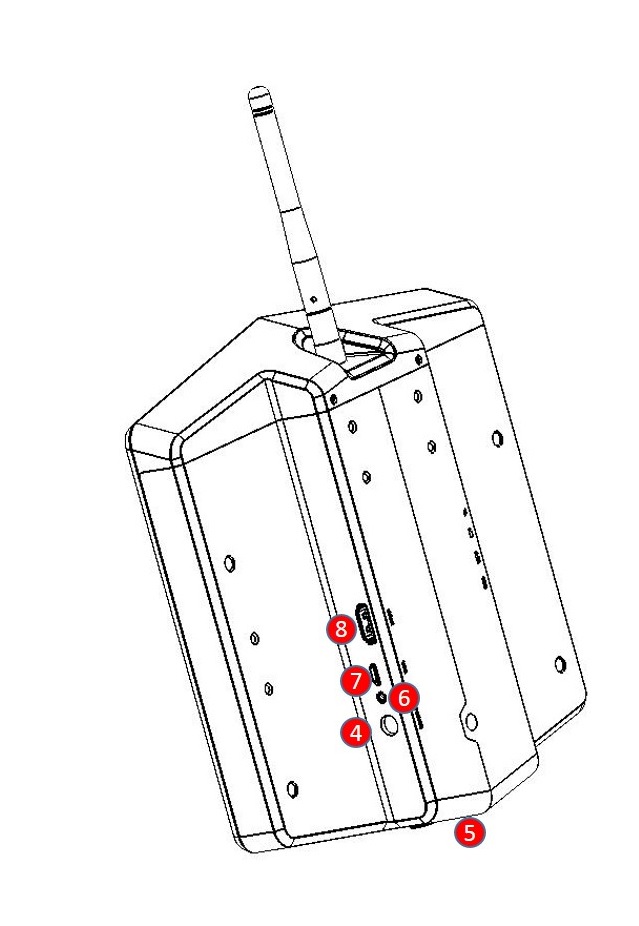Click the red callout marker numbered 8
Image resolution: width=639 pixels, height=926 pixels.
point(341,629)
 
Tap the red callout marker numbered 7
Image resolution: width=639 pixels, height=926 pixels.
point(356,681)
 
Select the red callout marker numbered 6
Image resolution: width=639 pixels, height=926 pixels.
point(404,698)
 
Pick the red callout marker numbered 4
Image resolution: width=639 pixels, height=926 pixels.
point(356,733)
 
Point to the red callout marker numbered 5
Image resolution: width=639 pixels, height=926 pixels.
point(470,833)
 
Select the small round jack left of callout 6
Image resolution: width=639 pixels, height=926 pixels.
point(382,697)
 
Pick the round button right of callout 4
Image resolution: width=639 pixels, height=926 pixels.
point(389,725)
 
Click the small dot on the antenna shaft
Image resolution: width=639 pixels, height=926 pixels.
point(314,299)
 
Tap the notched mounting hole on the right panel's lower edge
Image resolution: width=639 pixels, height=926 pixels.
point(471,720)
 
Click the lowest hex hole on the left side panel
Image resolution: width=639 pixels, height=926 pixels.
point(291,788)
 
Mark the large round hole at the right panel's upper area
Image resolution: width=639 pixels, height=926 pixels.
point(498,439)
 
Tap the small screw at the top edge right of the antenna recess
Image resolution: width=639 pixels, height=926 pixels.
point(419,359)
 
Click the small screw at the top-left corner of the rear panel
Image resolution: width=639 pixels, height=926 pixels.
point(334,397)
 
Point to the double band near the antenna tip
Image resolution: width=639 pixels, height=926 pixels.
point(260,110)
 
